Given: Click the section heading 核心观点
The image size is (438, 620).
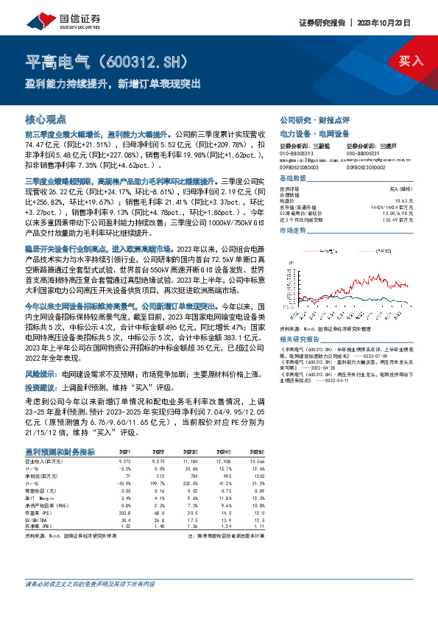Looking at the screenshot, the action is pyautogui.click(x=46, y=119).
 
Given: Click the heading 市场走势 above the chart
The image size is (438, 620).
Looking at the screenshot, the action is pyautogui.click(x=292, y=231).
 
